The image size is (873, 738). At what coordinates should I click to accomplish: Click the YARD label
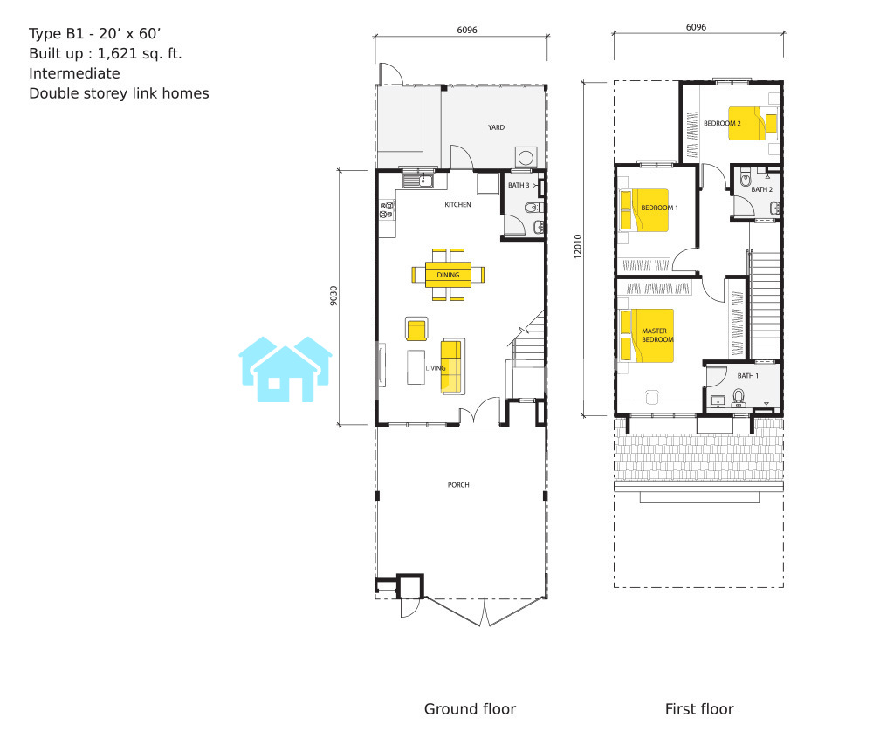coord(496,127)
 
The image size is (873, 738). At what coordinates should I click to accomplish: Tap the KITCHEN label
coord(457,205)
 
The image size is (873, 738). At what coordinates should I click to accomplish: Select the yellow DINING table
coord(448,275)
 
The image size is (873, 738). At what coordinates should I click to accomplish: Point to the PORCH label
coord(458,485)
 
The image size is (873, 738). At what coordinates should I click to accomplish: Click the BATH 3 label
coord(519,185)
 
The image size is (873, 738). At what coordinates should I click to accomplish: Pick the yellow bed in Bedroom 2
coord(753,124)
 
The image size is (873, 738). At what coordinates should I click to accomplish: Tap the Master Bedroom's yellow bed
coord(647,335)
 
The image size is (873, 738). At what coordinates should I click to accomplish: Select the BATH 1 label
coord(748,376)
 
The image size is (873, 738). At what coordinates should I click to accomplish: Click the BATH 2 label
coord(761,189)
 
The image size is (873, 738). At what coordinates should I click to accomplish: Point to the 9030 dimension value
coord(333,296)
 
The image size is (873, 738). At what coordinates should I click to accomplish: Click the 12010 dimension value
coord(577,246)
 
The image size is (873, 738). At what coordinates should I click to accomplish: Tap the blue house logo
coord(285,369)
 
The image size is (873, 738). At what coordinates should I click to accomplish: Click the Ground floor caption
coord(470,709)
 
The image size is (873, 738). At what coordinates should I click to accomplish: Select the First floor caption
coord(699,709)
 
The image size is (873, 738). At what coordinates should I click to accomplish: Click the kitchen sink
coord(418,181)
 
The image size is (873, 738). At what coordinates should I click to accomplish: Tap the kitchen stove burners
coord(387,210)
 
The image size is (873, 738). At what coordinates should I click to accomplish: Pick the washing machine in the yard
coord(526,157)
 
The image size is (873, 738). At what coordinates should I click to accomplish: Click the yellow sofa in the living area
coord(452,366)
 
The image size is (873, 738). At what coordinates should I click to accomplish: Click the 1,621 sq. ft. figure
coord(140,54)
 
